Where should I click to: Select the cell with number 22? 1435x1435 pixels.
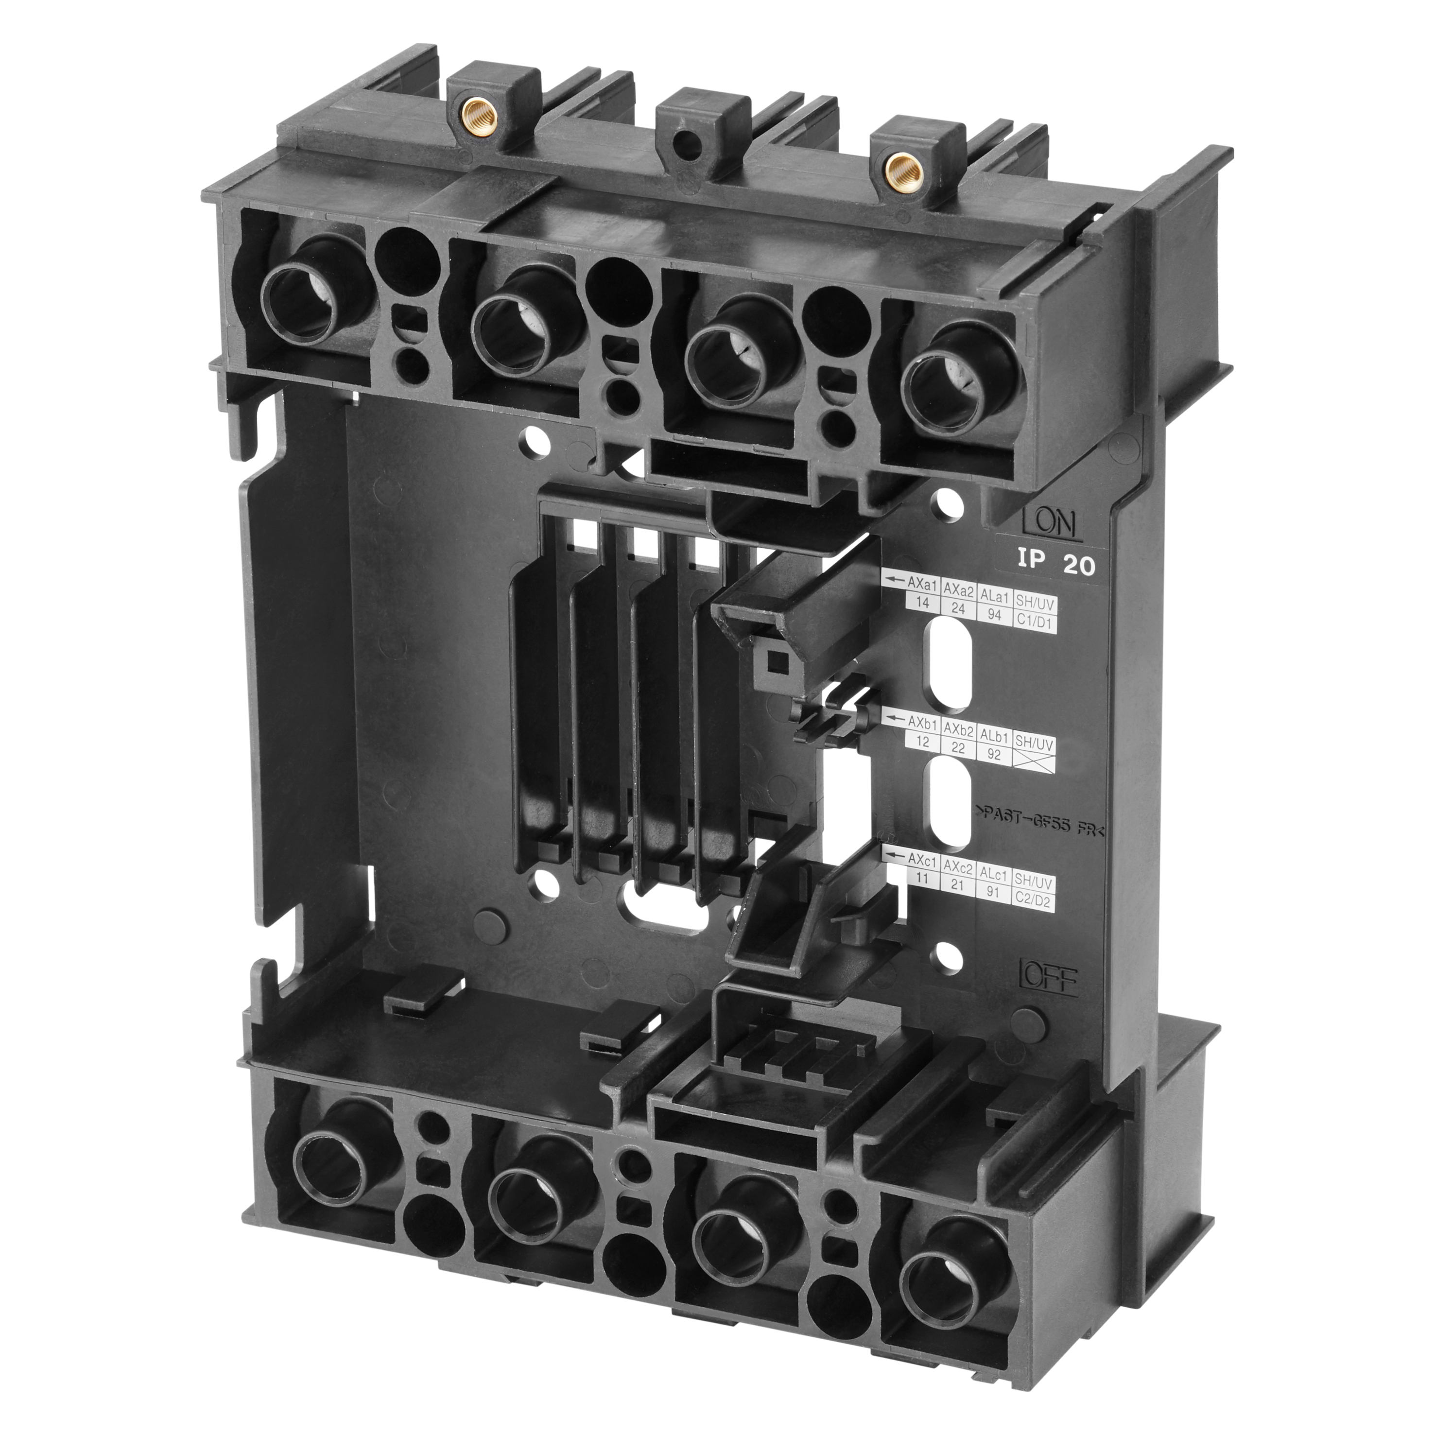point(958,749)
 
